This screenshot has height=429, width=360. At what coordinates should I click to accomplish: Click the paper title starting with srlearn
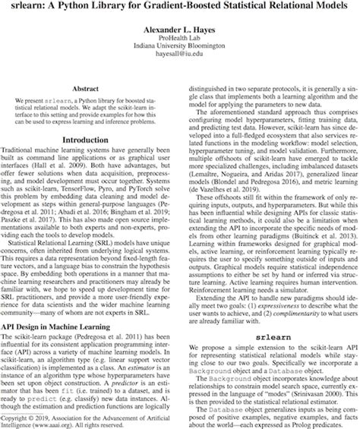point(179,10)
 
